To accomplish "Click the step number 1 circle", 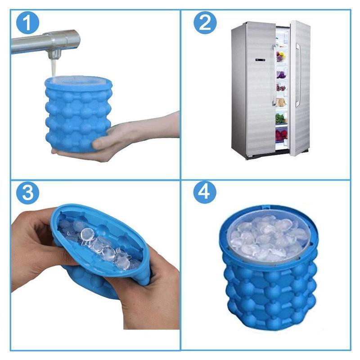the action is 27,23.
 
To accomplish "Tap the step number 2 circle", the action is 205,23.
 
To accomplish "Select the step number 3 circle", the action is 28,193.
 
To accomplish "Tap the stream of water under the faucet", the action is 53,68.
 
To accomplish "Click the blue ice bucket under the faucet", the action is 78,114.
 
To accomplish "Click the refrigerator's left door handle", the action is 274,75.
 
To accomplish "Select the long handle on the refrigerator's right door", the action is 298,75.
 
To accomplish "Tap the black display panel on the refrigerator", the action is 261,60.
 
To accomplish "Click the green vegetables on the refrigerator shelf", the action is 280,118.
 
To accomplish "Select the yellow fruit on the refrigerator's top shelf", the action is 282,55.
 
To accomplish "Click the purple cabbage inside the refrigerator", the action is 280,75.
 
